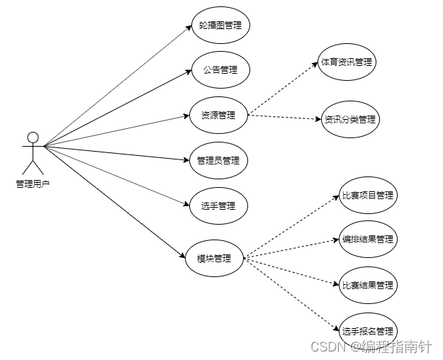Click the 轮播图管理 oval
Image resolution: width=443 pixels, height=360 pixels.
point(220,26)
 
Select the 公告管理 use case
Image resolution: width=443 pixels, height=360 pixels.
point(220,70)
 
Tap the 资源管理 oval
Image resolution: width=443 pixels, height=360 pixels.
point(219,114)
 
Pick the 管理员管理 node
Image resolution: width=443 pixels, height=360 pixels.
point(218,160)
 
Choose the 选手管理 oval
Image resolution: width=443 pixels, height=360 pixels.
point(218,206)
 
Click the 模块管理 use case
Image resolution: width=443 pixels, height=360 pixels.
point(214,259)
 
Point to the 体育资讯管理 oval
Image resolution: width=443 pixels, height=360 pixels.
point(347,62)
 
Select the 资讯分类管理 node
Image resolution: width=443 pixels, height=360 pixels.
point(349,120)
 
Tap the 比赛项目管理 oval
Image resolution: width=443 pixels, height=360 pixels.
point(367,195)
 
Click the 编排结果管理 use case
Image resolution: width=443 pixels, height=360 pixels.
point(367,240)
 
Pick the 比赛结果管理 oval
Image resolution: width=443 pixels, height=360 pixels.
point(367,285)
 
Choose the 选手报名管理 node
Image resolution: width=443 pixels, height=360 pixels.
point(367,331)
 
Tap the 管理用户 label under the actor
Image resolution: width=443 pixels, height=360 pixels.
point(33,184)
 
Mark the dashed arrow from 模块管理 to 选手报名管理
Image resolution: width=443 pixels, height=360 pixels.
point(291,295)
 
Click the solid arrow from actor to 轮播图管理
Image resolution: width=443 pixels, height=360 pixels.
point(118,86)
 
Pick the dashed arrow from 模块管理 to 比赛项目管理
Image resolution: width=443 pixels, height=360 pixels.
point(291,227)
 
